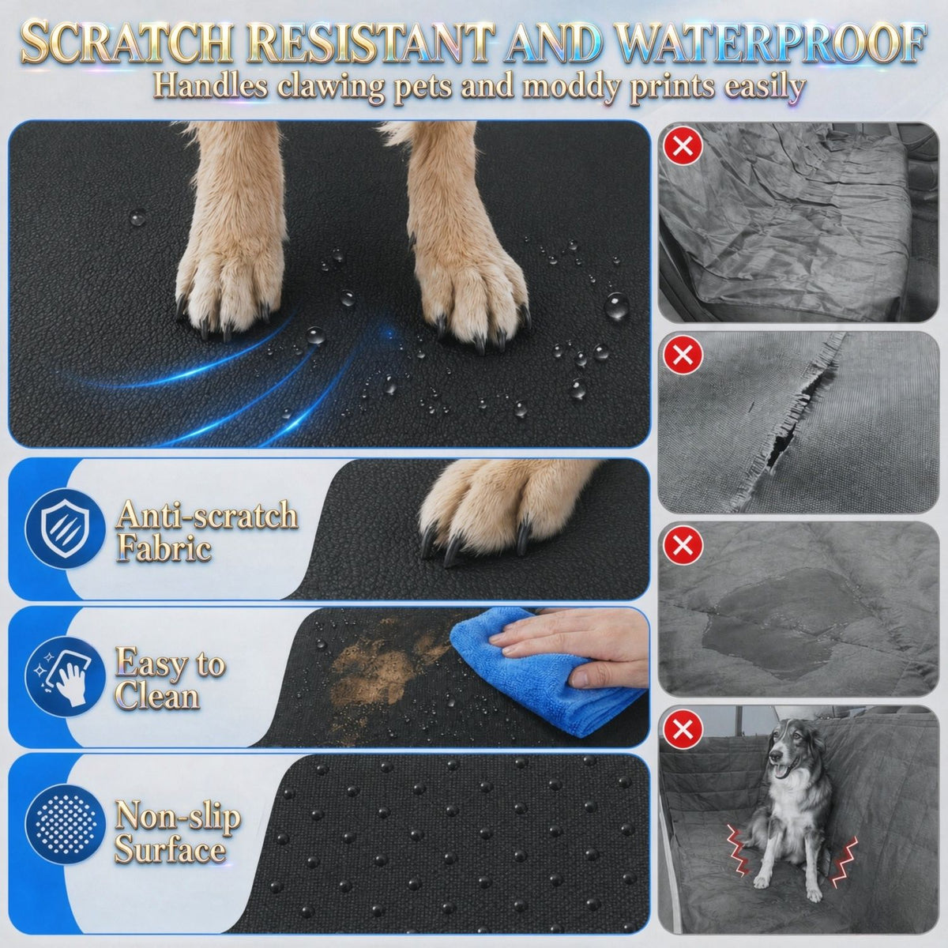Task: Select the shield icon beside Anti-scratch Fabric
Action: tap(65, 529)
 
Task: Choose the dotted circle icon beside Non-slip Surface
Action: tap(65, 826)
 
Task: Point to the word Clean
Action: tap(157, 697)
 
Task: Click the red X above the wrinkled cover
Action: tap(683, 145)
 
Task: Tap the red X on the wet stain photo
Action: tap(683, 544)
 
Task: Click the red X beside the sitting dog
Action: tap(683, 730)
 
